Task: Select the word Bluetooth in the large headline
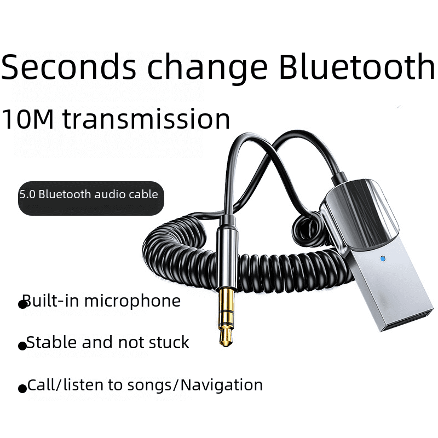(356, 67)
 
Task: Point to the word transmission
(146, 119)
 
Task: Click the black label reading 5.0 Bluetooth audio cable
(91, 198)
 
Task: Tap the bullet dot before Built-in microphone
(23, 304)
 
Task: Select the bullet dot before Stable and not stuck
(22, 346)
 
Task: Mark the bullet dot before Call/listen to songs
(22, 389)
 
